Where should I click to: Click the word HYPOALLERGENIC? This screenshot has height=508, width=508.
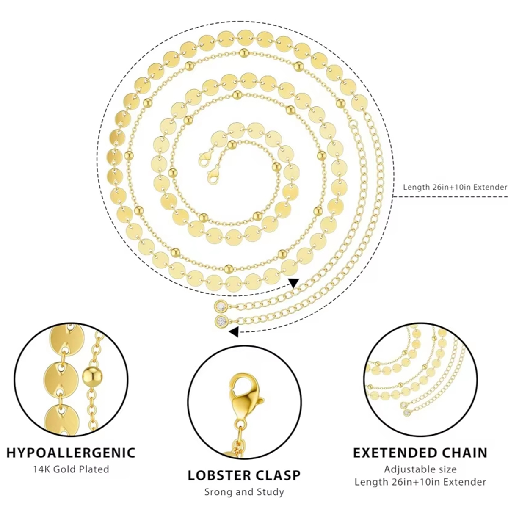point(71,453)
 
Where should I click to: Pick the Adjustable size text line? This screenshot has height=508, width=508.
point(420,469)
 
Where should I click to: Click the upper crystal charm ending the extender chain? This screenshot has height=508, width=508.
point(222,306)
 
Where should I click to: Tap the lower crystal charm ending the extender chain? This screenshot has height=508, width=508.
point(222,321)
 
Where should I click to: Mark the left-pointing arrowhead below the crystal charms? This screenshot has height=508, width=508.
point(234,332)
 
